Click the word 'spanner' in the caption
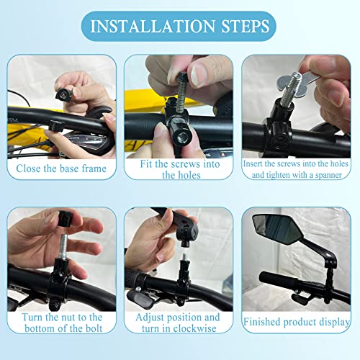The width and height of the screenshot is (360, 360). [x=322, y=175]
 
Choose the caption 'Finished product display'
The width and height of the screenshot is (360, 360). [x=296, y=322]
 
